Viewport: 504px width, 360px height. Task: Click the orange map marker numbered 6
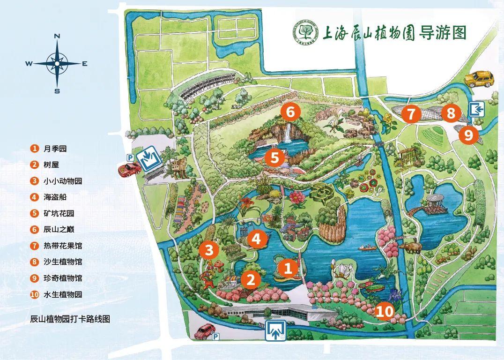[x=290, y=112]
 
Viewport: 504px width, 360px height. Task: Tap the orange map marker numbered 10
[x=384, y=312]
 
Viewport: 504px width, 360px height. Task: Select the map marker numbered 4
[x=256, y=239]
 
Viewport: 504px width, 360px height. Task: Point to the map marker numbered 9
[x=469, y=135]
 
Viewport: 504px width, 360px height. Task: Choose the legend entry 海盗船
[x=55, y=197]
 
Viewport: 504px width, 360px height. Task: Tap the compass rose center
[x=57, y=63]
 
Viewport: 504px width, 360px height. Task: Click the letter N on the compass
[x=57, y=36]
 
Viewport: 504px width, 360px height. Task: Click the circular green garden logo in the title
[x=306, y=33]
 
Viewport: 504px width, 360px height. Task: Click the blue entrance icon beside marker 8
[x=476, y=110]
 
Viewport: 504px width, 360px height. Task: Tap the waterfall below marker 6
[x=286, y=133]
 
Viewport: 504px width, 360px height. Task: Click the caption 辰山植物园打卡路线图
[x=70, y=319]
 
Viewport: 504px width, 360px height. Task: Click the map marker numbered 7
[x=411, y=114]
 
